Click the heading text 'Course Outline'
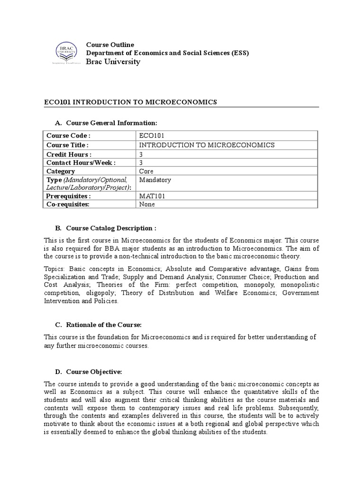pyautogui.click(x=110, y=45)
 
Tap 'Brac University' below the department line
pyautogui.click(x=113, y=62)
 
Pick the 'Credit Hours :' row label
pyautogui.click(x=69, y=154)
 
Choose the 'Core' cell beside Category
pyautogui.click(x=146, y=171)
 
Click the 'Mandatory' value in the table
pyautogui.click(x=155, y=180)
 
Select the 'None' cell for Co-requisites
pyautogui.click(x=147, y=205)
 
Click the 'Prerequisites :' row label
pyautogui.click(x=69, y=196)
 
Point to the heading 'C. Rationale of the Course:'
pyautogui.click(x=99, y=325)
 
